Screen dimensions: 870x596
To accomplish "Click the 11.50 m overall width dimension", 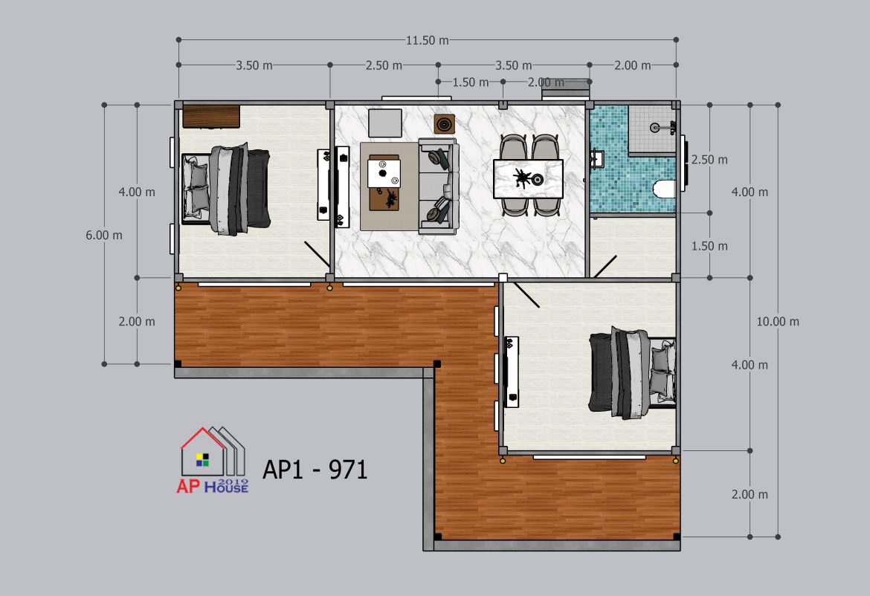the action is pyautogui.click(x=428, y=40).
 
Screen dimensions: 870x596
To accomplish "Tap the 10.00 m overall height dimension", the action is pyautogui.click(x=778, y=322).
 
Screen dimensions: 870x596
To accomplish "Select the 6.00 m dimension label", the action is pyautogui.click(x=104, y=235).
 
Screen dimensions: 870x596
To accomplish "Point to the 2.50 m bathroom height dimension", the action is pyautogui.click(x=709, y=160).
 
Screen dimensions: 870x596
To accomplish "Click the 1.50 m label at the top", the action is pyautogui.click(x=471, y=82).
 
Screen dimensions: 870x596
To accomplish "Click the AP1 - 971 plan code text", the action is pyautogui.click(x=315, y=470).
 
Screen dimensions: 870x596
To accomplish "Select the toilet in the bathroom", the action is pyautogui.click(x=664, y=189).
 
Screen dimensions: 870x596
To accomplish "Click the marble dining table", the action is pyautogui.click(x=528, y=178).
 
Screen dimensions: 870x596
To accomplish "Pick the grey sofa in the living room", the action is pyautogui.click(x=439, y=187).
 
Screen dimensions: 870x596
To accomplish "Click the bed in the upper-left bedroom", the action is pyautogui.click(x=226, y=189).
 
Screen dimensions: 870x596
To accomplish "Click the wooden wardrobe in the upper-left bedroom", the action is pyautogui.click(x=211, y=117).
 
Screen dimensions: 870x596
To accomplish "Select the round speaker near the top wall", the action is pyautogui.click(x=444, y=124).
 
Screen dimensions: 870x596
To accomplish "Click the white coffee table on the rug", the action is pyautogui.click(x=384, y=174).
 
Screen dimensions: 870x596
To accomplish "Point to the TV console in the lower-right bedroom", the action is pyautogui.click(x=511, y=372).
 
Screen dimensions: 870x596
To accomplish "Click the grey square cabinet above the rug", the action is pyautogui.click(x=385, y=123).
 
